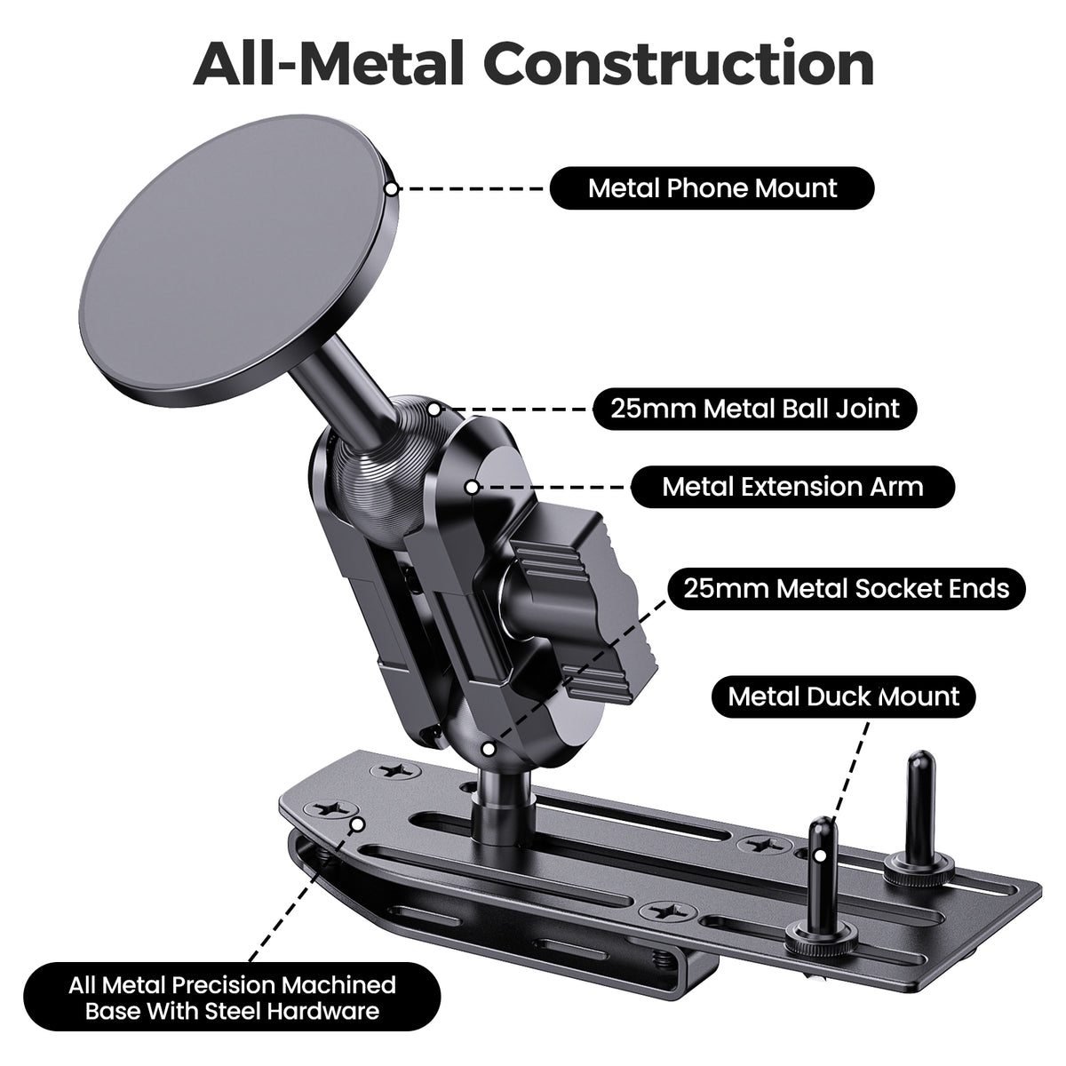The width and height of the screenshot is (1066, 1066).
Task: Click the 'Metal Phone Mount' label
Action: (712, 188)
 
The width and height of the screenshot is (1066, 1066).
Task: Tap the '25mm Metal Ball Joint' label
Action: (755, 409)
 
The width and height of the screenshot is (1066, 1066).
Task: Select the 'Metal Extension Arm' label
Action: (792, 487)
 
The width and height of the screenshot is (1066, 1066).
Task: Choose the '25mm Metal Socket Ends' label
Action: (846, 589)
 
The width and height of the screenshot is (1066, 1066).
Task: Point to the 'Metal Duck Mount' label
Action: (843, 696)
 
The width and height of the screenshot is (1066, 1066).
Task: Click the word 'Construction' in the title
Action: (682, 65)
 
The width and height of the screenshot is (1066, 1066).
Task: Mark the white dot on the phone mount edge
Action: (391, 188)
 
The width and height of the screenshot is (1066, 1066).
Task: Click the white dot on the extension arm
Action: (472, 488)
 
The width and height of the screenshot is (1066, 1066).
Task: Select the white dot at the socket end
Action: (488, 749)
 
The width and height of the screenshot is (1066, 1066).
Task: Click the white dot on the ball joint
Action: (434, 410)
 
